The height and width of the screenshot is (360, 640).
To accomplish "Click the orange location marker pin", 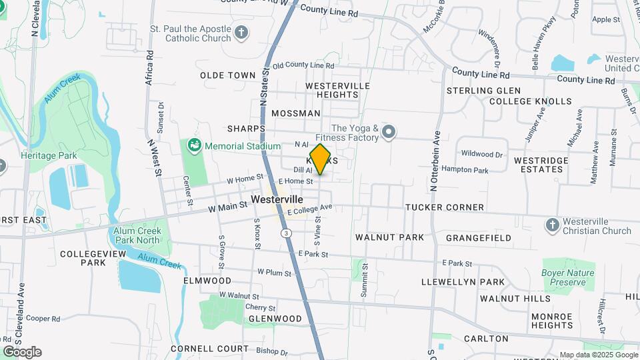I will (x=321, y=159).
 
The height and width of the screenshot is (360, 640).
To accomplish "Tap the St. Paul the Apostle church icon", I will (x=241, y=31).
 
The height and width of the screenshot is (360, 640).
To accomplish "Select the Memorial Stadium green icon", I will (x=194, y=145).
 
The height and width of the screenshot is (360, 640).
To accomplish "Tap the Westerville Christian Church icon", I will (x=552, y=226).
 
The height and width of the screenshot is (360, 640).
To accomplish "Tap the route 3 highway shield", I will (x=286, y=233).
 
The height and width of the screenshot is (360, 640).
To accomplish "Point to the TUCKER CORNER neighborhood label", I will (x=445, y=207).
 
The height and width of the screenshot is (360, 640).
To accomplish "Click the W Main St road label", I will (x=227, y=207).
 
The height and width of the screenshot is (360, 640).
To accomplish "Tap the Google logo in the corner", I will (x=21, y=352).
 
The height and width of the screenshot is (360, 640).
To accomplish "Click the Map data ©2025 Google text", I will (x=598, y=355).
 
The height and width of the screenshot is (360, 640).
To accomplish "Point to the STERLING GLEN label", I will (x=483, y=91).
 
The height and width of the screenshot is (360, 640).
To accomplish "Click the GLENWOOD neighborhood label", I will (x=275, y=319).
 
